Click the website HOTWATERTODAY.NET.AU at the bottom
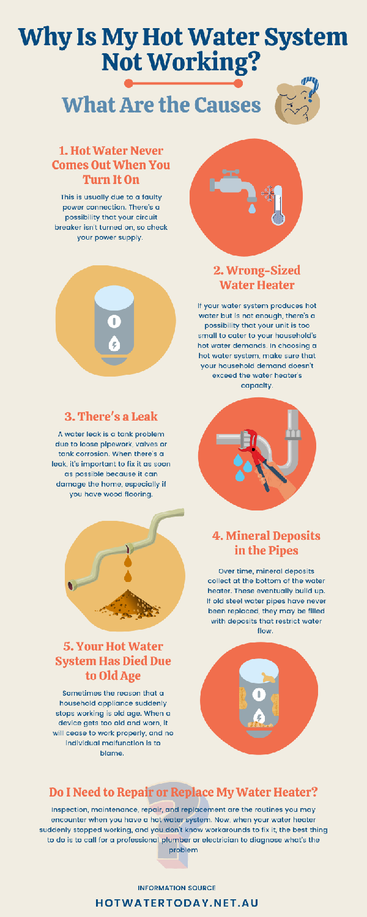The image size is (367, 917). click(177, 903)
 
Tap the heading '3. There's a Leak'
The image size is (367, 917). click(111, 416)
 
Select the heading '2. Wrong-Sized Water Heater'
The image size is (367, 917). click(257, 278)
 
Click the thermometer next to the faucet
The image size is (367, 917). click(278, 205)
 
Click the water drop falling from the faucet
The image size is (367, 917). click(252, 208)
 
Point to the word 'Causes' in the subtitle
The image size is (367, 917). click(227, 105)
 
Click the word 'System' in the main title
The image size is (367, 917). click(306, 38)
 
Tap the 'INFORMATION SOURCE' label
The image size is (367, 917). click(177, 888)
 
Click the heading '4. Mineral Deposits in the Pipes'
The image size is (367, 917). click(266, 543)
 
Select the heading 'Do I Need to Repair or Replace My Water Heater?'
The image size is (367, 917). click(183, 792)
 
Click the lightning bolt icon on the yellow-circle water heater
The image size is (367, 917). click(114, 344)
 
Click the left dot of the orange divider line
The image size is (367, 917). click(128, 84)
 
